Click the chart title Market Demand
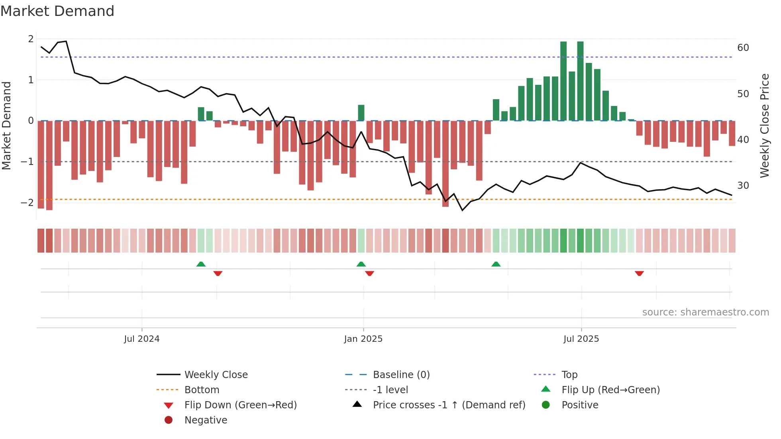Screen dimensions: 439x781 coord(57,11)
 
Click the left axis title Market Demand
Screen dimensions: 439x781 coord(7,125)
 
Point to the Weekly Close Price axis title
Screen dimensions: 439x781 coord(764,125)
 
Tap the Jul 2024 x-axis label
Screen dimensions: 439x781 coord(141,339)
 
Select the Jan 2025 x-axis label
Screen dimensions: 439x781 coord(363,339)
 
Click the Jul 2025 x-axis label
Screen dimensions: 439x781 coord(581,339)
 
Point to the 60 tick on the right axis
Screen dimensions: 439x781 coord(743,48)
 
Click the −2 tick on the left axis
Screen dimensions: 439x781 coord(27,202)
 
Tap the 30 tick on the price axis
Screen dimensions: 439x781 coord(743,186)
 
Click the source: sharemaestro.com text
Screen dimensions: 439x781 coord(705,312)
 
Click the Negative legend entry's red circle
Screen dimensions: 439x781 coord(169,420)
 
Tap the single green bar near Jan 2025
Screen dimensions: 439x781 coord(361,113)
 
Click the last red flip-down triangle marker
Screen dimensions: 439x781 coord(639,273)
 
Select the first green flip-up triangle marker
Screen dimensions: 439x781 coord(201,264)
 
